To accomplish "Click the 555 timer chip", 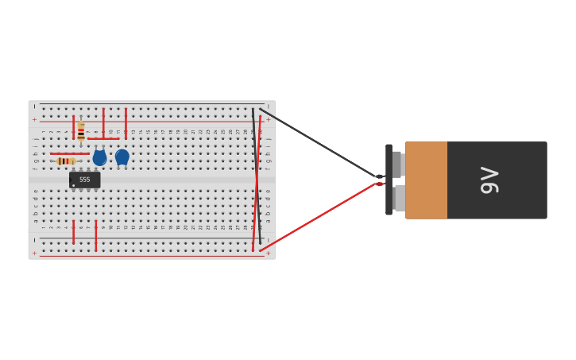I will [x=84, y=180].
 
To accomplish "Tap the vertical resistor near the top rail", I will [x=81, y=132].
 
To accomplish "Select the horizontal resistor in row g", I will [x=66, y=161].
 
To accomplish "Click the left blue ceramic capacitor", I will [x=99, y=157].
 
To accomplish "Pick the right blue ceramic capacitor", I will [x=122, y=157].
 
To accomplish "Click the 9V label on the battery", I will [x=489, y=180].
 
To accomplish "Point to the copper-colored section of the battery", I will [x=426, y=180].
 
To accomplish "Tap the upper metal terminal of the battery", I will [x=397, y=165].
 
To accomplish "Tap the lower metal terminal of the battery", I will [x=399, y=199].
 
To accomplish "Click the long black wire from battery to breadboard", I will [x=318, y=143].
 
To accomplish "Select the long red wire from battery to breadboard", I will [x=318, y=217].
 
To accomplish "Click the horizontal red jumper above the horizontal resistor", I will [x=70, y=153].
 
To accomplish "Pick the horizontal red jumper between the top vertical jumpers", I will [x=103, y=139].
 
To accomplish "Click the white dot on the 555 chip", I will [x=74, y=185].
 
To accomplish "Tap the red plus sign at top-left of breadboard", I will [x=34, y=119].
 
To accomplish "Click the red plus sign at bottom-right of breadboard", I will [x=268, y=254].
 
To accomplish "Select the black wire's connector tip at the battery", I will [x=379, y=176].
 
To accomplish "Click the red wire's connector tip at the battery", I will [x=379, y=184].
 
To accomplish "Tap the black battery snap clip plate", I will [x=389, y=180].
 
